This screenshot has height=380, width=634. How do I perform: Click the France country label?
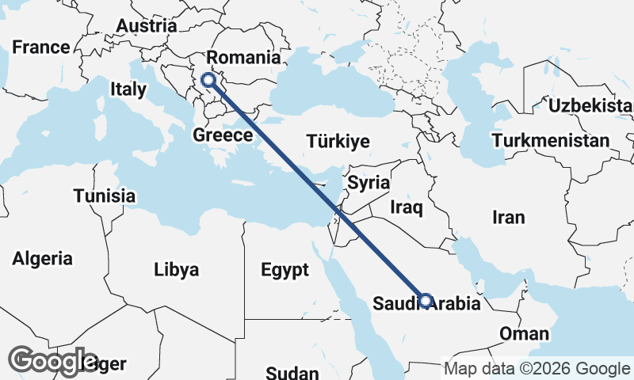pyautogui.click(x=40, y=47)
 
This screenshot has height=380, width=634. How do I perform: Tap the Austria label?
pyautogui.click(x=146, y=26)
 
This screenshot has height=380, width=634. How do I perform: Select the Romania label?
pyautogui.click(x=243, y=58)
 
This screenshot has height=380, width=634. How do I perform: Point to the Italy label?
pyautogui.click(x=128, y=89)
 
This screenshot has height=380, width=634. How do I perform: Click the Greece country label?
pyautogui.click(x=223, y=136)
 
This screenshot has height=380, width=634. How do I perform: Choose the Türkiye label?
pyautogui.click(x=338, y=142)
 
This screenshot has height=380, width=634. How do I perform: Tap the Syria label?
pyautogui.click(x=369, y=183)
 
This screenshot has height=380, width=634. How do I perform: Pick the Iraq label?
pyautogui.click(x=407, y=208)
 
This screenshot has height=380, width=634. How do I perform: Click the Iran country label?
pyautogui.click(x=508, y=217)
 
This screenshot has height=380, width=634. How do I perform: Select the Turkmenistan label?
pyautogui.click(x=550, y=141)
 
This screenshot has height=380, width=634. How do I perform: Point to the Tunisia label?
pyautogui.click(x=104, y=196)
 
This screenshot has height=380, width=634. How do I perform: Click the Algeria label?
pyautogui.click(x=43, y=258)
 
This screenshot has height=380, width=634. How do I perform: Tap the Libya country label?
pyautogui.click(x=176, y=270)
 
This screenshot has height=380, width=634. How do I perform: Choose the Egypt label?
pyautogui.click(x=285, y=271)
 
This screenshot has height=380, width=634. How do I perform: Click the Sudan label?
pyautogui.click(x=292, y=373)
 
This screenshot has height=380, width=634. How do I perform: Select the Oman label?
pyautogui.click(x=524, y=333)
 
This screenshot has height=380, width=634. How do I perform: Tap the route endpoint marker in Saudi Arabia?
pyautogui.click(x=426, y=301)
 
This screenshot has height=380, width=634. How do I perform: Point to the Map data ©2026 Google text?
pyautogui.click(x=537, y=369)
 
